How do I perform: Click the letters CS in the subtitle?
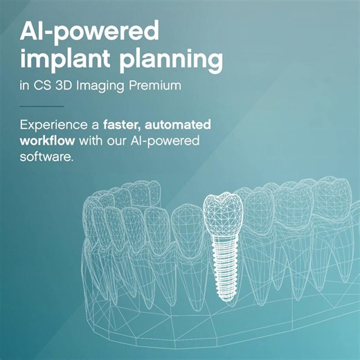(x=42, y=87)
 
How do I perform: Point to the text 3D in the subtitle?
(x=62, y=87)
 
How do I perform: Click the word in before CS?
(x=25, y=87)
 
